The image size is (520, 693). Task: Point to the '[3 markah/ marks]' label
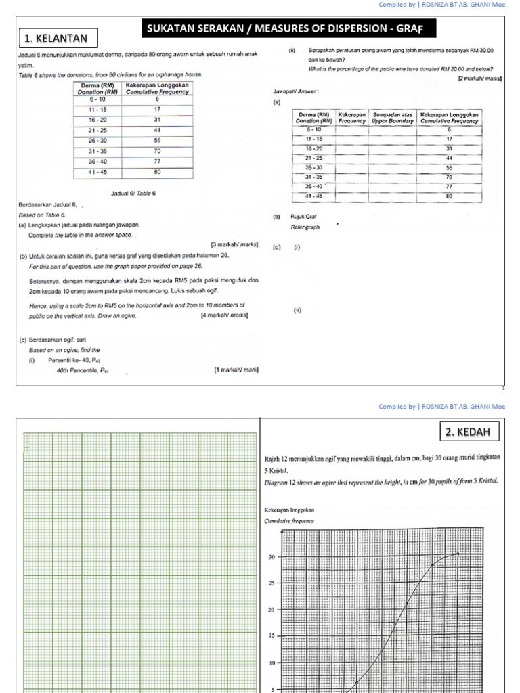(x=234, y=244)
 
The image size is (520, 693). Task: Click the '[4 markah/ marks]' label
(x=224, y=315)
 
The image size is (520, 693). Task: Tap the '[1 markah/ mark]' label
(x=236, y=370)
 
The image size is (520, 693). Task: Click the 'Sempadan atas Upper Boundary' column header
(x=393, y=118)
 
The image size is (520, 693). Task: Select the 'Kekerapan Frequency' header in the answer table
(x=352, y=118)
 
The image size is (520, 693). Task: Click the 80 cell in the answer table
(x=448, y=196)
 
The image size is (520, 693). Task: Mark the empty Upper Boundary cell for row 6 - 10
(x=393, y=129)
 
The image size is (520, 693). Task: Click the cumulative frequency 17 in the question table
(x=156, y=108)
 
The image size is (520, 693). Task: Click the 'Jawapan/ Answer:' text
(x=296, y=90)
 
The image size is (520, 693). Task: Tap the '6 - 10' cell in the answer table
(x=313, y=129)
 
